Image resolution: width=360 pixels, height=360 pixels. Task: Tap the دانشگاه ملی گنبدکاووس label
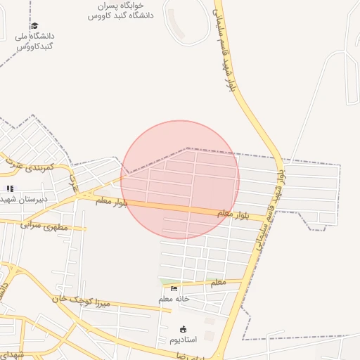(34, 41)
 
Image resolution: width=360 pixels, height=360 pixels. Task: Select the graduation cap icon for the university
(34, 26)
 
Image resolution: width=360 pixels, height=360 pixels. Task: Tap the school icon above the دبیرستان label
(10, 188)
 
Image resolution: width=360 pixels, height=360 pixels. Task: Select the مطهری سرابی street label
(43, 226)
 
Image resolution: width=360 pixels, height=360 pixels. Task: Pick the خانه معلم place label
(174, 299)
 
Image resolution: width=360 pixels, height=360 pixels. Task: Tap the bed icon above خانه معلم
(174, 288)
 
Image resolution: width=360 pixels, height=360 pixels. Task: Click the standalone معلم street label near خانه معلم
(218, 282)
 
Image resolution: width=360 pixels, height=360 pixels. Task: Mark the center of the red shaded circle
(180, 179)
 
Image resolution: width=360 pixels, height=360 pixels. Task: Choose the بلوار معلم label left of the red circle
(113, 202)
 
